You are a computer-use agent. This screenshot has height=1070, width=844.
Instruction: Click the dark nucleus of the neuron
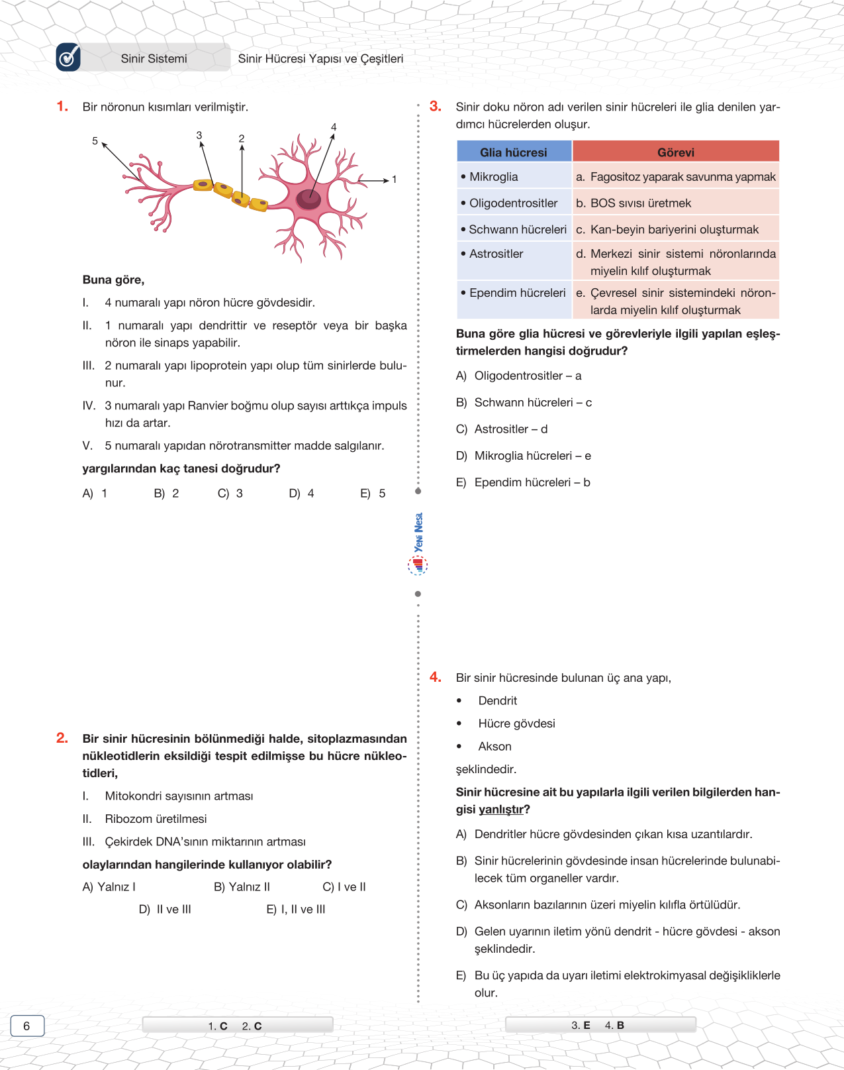[x=308, y=198]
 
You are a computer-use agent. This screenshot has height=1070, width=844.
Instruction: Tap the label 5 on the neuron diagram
[x=95, y=141]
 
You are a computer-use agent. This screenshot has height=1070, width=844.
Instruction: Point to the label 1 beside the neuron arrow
[x=394, y=180]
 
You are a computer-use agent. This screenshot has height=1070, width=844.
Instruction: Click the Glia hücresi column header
[x=514, y=152]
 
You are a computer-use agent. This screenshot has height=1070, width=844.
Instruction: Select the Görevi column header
[x=675, y=152]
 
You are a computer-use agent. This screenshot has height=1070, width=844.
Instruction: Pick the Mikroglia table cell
[x=494, y=177]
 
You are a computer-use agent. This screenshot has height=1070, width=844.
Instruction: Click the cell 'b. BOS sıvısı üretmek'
[x=633, y=203]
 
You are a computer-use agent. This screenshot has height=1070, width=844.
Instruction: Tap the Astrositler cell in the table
[x=496, y=254]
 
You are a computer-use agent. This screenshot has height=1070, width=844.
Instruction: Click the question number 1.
[x=62, y=107]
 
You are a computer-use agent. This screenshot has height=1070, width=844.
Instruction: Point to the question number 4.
[x=435, y=677]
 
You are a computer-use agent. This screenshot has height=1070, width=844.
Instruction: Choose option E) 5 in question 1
[x=373, y=494]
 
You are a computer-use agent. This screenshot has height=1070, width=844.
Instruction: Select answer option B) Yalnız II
[x=242, y=887]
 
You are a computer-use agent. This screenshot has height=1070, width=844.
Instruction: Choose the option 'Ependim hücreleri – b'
[x=532, y=482]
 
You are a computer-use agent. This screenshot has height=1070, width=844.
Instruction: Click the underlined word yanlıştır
[x=500, y=810]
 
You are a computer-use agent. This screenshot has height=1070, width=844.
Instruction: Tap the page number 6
[x=27, y=1026]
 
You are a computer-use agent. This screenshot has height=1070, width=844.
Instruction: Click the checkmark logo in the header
[x=68, y=58]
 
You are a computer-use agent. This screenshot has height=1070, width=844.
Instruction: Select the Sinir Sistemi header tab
[x=154, y=58]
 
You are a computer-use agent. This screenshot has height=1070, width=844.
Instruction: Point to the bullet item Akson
[x=494, y=747]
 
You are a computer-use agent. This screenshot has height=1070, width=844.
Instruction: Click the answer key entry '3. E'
[x=581, y=1026]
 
